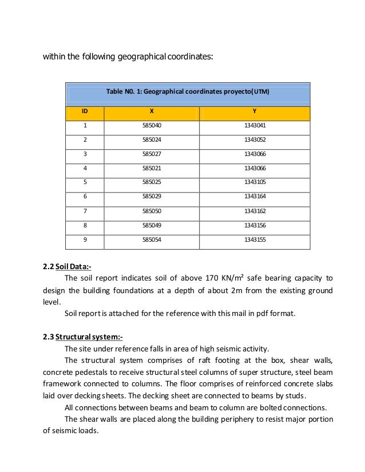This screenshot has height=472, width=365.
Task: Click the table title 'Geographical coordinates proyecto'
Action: click(188, 92)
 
